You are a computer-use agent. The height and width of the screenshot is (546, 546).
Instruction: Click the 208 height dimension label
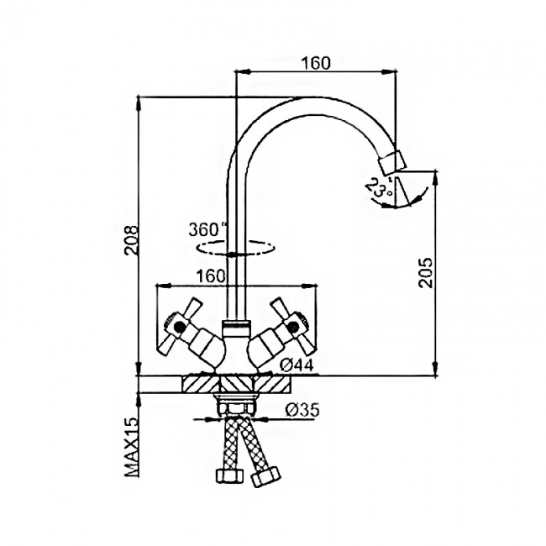131,240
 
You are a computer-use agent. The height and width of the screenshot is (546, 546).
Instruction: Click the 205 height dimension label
425,273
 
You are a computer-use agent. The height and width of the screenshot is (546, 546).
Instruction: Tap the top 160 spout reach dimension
316,63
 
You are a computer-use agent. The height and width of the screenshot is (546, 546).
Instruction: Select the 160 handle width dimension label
212,276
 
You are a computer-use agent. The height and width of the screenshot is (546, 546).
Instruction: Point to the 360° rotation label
207,229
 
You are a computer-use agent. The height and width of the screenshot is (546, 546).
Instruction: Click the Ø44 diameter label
297,365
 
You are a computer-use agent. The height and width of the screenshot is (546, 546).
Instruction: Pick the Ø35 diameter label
302,410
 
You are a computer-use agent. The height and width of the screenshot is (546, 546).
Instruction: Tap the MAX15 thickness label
131,447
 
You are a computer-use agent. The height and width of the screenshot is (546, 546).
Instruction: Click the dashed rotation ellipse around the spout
236,248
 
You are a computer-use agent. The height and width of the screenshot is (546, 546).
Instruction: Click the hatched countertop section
236,385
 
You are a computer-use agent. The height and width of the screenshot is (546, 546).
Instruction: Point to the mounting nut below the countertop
236,406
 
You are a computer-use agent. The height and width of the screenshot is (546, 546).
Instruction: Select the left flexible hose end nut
229,475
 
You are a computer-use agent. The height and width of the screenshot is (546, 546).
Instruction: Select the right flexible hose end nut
265,475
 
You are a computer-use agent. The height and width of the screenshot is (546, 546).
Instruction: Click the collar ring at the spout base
236,329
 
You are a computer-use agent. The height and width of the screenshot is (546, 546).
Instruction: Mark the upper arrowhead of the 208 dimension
139,103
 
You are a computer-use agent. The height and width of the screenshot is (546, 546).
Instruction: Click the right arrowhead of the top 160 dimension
389,72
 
